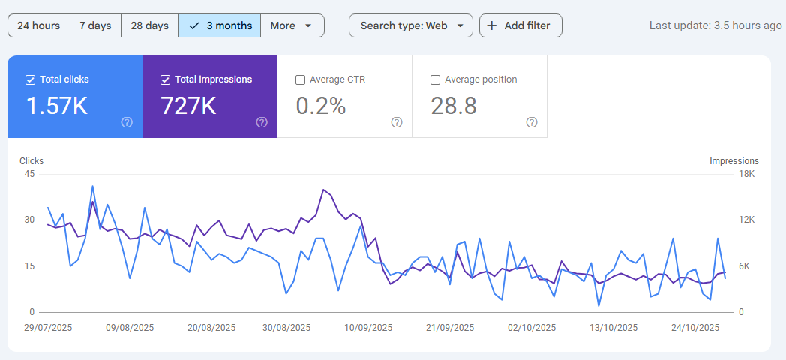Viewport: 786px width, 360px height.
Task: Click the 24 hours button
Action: click(39, 25)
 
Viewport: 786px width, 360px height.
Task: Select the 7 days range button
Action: click(95, 25)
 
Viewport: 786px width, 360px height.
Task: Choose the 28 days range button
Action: click(149, 25)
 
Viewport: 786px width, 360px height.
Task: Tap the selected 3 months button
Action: click(220, 25)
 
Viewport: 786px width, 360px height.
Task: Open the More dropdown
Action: click(292, 25)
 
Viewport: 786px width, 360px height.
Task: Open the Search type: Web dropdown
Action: click(411, 25)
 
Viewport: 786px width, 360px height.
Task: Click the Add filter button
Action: click(520, 25)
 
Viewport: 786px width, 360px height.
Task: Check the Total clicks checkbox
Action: click(31, 79)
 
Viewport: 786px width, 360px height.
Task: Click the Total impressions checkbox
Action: click(166, 79)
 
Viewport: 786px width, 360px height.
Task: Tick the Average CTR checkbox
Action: click(301, 79)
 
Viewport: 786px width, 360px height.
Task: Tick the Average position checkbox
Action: click(436, 79)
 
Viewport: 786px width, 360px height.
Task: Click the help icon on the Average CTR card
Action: click(397, 122)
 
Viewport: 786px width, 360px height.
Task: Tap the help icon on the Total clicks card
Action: click(127, 122)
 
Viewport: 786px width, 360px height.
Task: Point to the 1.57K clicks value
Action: click(57, 106)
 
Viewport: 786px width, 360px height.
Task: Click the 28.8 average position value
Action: click(454, 106)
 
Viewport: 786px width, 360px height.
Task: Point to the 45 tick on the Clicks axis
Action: click(30, 174)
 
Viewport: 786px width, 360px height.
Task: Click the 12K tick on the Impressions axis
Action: click(746, 220)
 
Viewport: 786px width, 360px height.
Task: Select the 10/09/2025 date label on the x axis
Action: click(368, 328)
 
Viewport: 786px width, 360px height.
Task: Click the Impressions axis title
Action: click(734, 161)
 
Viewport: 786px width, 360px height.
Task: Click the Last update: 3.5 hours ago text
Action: click(715, 25)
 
